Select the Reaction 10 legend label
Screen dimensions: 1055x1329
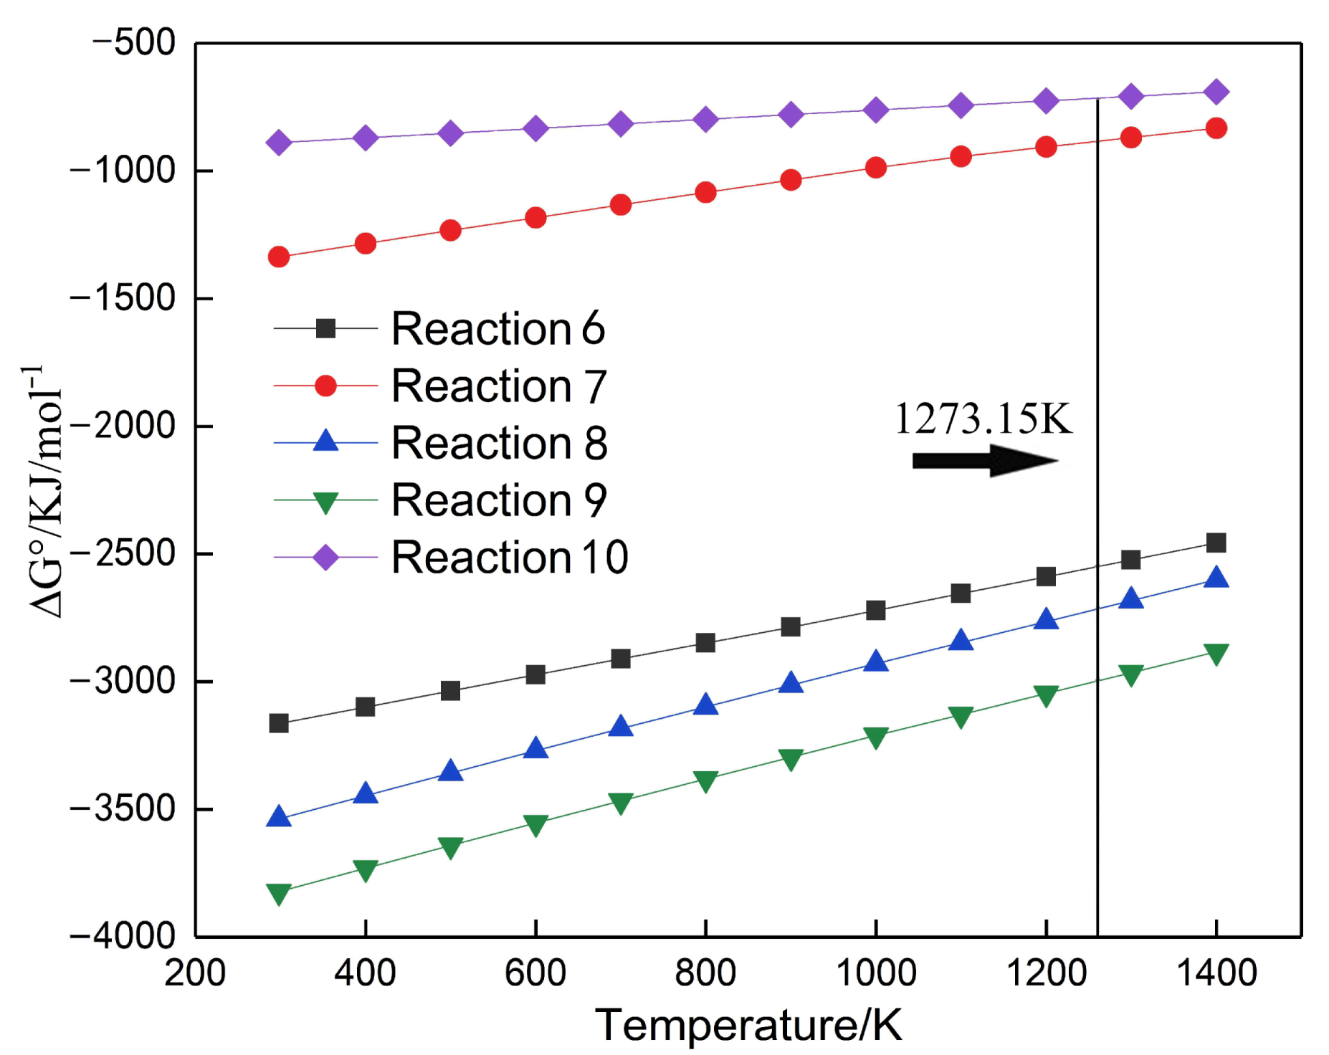click(x=509, y=557)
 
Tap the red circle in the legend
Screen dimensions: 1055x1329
click(x=325, y=386)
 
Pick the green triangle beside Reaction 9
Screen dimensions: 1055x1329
click(x=325, y=502)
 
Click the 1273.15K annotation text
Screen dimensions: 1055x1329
click(x=983, y=419)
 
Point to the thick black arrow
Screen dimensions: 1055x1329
click(x=984, y=460)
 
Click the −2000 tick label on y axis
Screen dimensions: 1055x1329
click(x=122, y=426)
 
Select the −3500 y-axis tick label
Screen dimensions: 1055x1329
click(x=122, y=808)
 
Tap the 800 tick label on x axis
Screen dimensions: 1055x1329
click(x=705, y=973)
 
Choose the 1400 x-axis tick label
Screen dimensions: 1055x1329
click(x=1216, y=973)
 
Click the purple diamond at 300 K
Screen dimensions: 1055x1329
click(x=279, y=143)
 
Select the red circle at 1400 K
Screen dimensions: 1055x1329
click(x=1216, y=128)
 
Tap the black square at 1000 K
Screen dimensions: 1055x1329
click(x=876, y=611)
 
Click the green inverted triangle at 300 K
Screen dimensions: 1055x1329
click(x=279, y=893)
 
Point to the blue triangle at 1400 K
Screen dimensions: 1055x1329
click(x=1216, y=578)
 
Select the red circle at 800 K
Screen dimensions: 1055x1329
click(x=705, y=192)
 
